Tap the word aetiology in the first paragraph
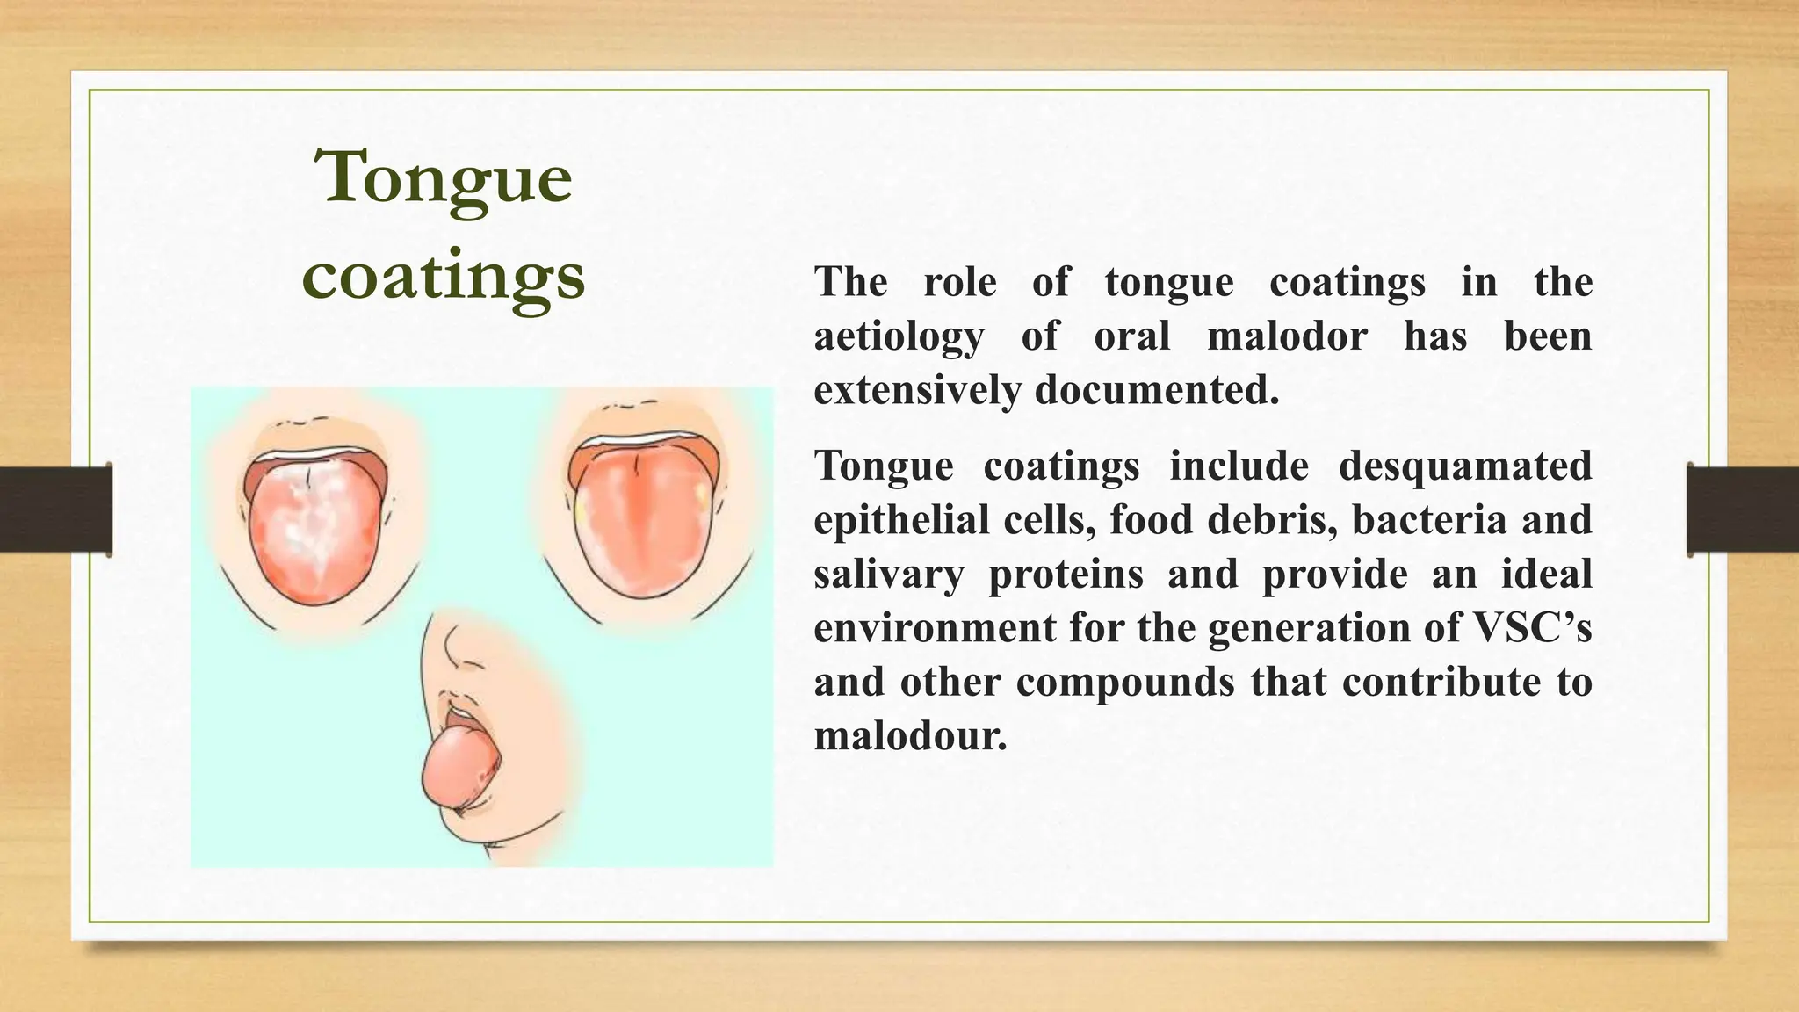point(899,337)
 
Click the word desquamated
point(1464,466)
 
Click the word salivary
point(888,575)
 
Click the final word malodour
point(910,736)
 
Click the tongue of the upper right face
point(643,527)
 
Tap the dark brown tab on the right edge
point(1743,510)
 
